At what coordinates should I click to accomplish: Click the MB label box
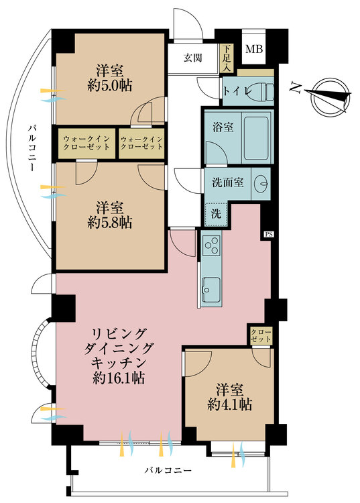click(253, 49)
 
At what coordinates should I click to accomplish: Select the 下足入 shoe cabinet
click(227, 58)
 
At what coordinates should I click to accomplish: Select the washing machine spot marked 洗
click(215, 214)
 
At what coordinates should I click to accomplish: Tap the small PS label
click(268, 234)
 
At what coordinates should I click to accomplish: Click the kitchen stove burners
click(211, 246)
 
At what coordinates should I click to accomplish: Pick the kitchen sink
click(211, 289)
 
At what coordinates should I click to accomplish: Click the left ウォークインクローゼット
click(86, 142)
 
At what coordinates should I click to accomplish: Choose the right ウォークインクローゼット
click(141, 142)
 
